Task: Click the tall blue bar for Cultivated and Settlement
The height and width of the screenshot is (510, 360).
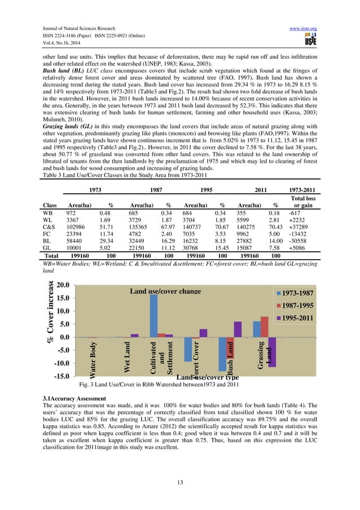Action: (x=153, y=316)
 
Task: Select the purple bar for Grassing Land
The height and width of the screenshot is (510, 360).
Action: (x=271, y=351)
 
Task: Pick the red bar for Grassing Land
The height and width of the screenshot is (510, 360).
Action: (x=265, y=327)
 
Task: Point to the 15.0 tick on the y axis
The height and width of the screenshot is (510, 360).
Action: (x=63, y=298)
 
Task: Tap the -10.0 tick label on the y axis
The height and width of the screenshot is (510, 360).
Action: (x=62, y=363)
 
